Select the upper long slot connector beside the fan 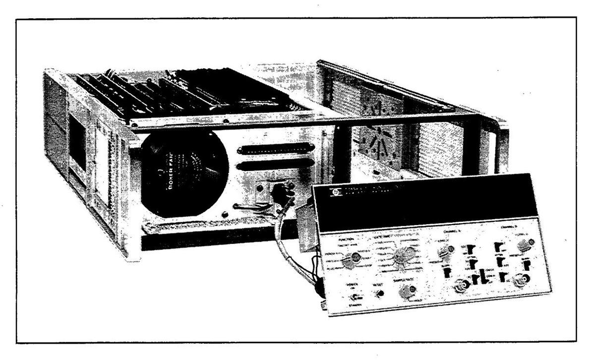(277, 148)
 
